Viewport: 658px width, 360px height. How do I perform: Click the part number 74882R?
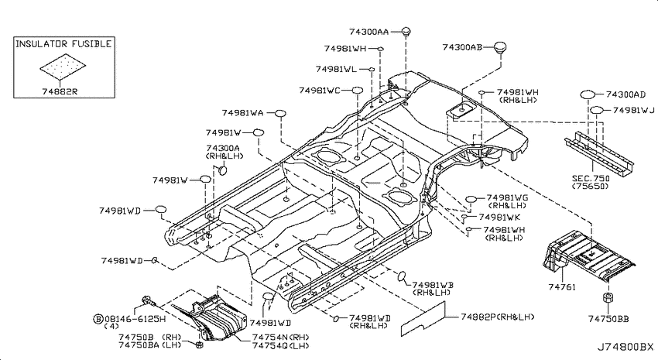pos(60,91)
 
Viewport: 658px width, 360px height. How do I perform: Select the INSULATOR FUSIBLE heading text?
pos(63,43)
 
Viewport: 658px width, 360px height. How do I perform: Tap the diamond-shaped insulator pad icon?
pos(63,67)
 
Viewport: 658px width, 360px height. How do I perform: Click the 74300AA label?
pos(368,32)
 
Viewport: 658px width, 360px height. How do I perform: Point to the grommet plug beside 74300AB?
pos(499,47)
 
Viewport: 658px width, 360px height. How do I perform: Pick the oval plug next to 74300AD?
pos(588,94)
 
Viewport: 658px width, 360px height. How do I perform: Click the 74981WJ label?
pos(634,110)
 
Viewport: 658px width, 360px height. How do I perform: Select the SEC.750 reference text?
pos(591,179)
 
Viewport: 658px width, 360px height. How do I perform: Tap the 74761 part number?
pos(562,287)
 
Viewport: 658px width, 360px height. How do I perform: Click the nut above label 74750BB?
pos(608,298)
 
